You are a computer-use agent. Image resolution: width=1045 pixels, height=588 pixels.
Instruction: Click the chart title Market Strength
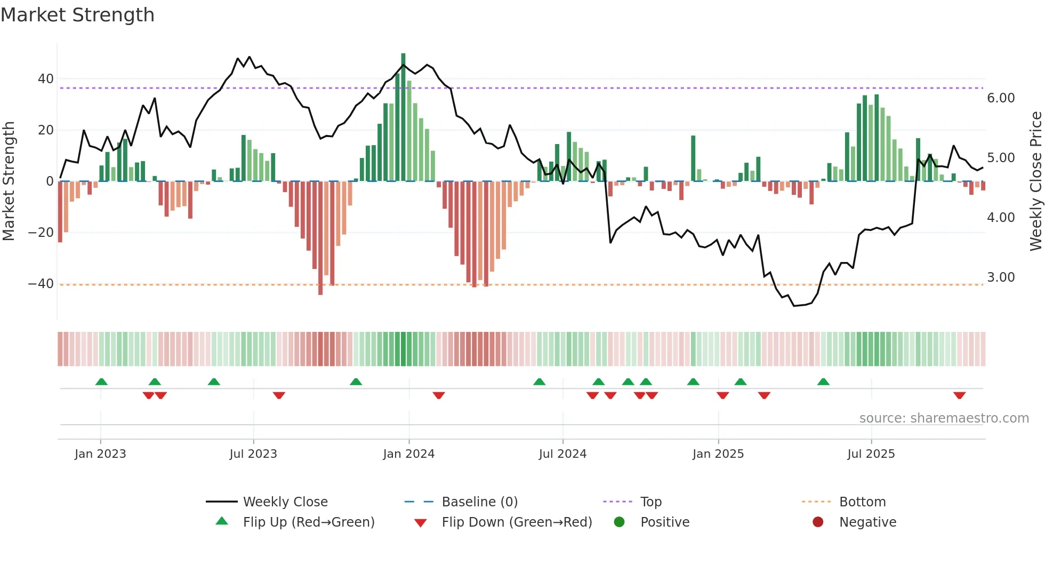click(77, 15)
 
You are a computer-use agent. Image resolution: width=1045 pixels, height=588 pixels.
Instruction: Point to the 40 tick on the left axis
click(46, 79)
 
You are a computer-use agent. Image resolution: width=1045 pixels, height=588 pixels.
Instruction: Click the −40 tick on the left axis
click(41, 284)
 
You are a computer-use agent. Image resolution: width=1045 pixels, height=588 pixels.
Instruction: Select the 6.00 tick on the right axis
click(1001, 98)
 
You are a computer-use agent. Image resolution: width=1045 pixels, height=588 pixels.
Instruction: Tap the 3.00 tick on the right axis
click(1001, 277)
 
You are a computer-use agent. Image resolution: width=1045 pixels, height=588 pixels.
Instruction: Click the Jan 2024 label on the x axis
click(408, 454)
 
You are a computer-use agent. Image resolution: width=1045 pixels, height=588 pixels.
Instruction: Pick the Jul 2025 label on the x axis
click(871, 454)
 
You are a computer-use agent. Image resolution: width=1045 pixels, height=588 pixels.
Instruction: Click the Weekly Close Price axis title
click(1035, 181)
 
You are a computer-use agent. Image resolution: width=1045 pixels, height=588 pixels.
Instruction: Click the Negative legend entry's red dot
click(818, 522)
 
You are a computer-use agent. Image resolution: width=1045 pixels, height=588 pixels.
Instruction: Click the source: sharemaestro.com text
click(944, 418)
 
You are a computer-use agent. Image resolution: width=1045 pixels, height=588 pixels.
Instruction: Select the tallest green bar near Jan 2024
click(403, 117)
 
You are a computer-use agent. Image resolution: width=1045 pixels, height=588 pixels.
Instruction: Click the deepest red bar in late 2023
click(320, 238)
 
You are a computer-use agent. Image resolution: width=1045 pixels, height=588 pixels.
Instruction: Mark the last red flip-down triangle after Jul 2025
click(959, 395)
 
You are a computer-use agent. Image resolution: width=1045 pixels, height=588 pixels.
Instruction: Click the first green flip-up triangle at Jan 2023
click(101, 382)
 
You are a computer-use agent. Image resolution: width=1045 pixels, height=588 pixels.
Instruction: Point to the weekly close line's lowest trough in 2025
click(794, 306)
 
